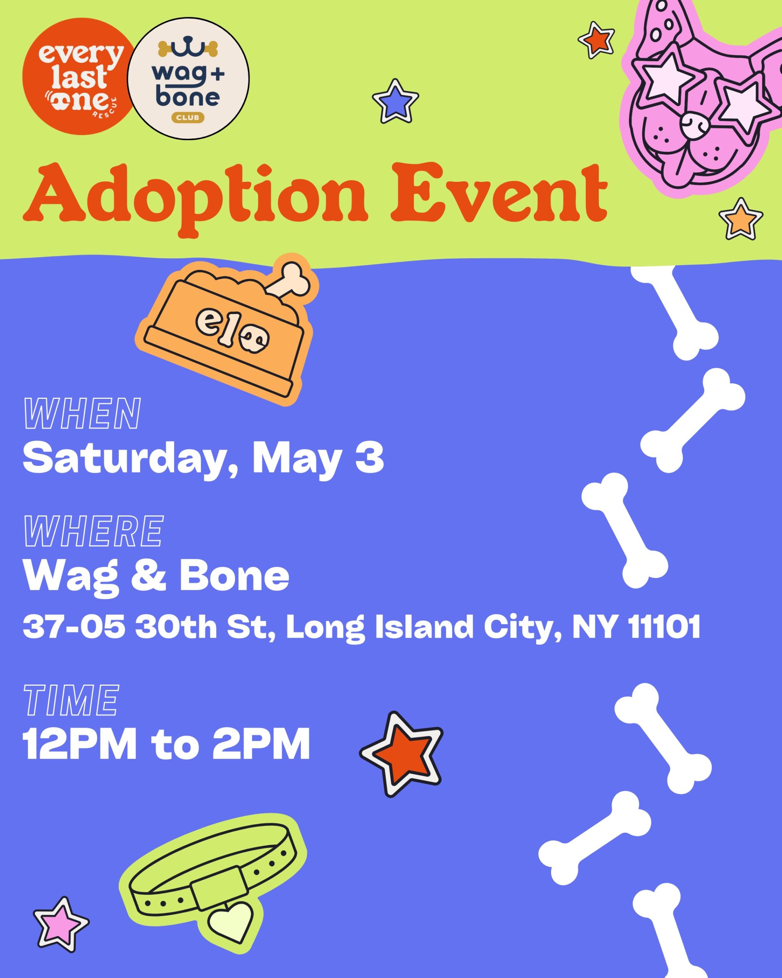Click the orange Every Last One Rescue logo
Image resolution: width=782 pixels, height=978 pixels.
pyautogui.click(x=78, y=76)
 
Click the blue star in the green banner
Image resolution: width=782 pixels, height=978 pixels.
pyautogui.click(x=395, y=101)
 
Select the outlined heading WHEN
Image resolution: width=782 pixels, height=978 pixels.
pyautogui.click(x=82, y=413)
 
